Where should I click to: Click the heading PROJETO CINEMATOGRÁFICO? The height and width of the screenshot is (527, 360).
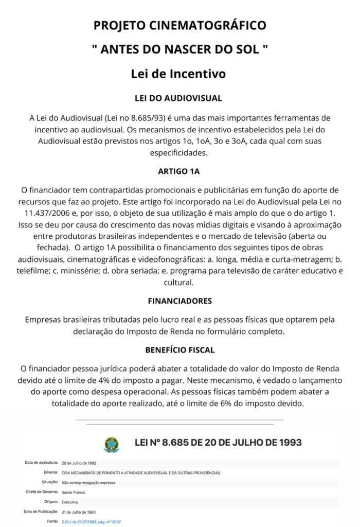[180, 25]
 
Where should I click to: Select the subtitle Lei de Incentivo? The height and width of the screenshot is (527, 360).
[178, 74]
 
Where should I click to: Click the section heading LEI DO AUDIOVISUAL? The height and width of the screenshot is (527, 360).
[178, 98]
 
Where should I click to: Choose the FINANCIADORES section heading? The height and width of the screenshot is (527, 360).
[179, 301]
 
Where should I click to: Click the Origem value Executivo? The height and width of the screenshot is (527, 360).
[70, 502]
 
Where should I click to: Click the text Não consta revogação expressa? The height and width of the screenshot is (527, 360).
[88, 482]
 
